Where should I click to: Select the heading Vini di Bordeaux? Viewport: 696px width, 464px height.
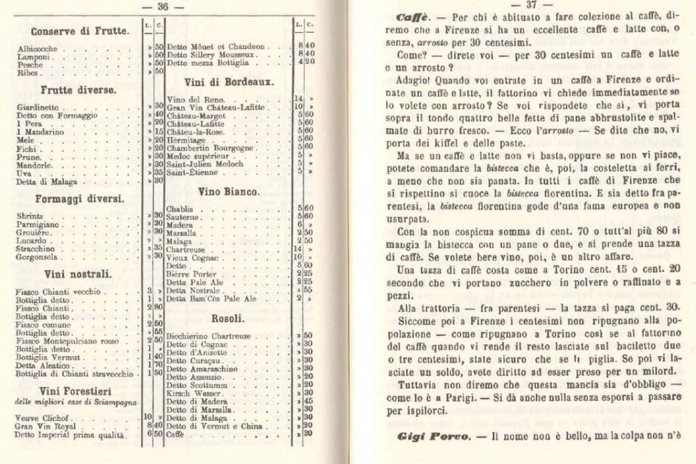228,81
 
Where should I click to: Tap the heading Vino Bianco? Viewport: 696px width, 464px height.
229,190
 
